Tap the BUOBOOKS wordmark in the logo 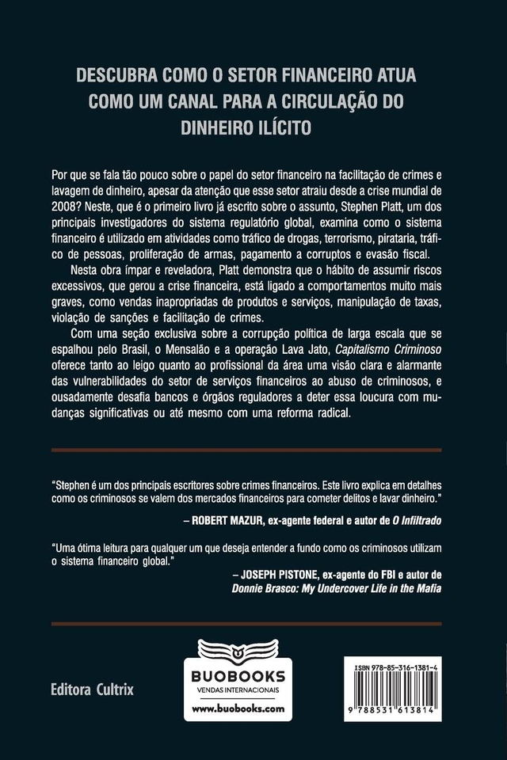point(237,675)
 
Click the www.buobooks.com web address point(237,709)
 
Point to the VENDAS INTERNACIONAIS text point(237,690)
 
